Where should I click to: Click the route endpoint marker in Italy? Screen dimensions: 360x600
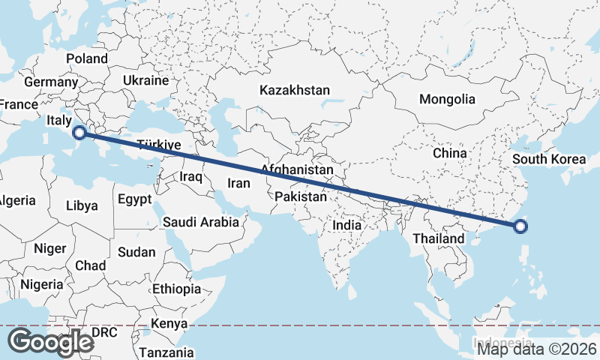[79, 133]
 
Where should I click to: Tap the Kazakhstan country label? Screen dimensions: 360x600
[295, 90]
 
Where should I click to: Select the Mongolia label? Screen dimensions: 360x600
[447, 99]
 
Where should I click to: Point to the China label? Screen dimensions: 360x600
[450, 153]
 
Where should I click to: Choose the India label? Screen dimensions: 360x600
[347, 224]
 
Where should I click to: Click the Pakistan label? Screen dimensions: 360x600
[301, 197]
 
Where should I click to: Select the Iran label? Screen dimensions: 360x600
[238, 183]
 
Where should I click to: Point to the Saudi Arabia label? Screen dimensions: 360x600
[201, 222]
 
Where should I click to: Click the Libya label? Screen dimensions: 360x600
[82, 205]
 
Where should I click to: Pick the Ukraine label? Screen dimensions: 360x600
[145, 80]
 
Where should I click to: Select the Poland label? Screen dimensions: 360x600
[87, 58]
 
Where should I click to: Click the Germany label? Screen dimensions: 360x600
[46, 82]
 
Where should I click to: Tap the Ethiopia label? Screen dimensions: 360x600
[176, 289]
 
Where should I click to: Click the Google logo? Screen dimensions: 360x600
[51, 342]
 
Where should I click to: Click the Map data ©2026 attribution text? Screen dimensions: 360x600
[537, 349]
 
